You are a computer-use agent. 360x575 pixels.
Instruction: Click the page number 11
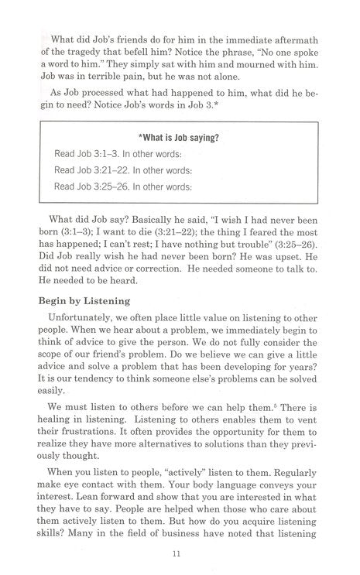tap(179, 554)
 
